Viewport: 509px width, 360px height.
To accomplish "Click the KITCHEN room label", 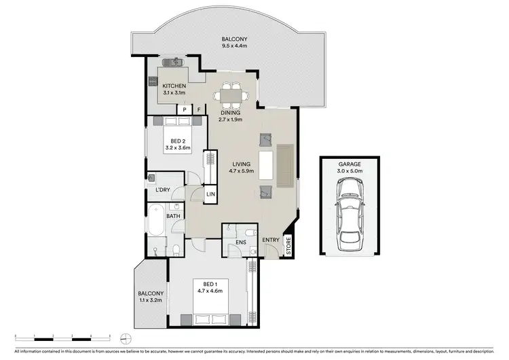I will point(174,85).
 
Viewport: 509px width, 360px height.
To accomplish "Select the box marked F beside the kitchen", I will point(199,109).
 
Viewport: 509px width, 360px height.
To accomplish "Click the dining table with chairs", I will point(232,94).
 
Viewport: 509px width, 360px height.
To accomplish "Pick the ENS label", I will point(240,240).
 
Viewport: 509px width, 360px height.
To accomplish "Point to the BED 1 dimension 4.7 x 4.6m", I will point(207,289).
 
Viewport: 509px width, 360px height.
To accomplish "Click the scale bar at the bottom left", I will point(62,338).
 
